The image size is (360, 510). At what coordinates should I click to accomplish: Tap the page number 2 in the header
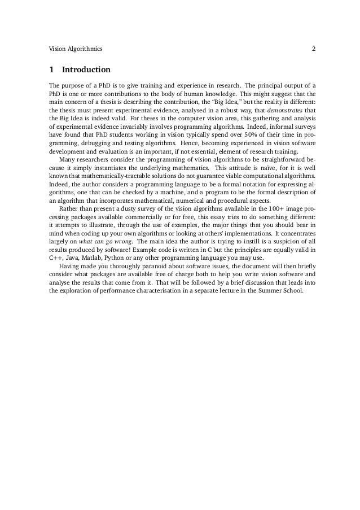(314, 49)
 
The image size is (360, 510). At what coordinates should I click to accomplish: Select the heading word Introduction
(86, 71)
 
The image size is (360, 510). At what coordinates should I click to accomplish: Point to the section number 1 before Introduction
(52, 71)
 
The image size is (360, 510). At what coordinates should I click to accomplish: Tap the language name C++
(56, 259)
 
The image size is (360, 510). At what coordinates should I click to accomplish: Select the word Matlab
(89, 259)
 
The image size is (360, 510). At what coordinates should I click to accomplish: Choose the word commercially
(154, 218)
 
